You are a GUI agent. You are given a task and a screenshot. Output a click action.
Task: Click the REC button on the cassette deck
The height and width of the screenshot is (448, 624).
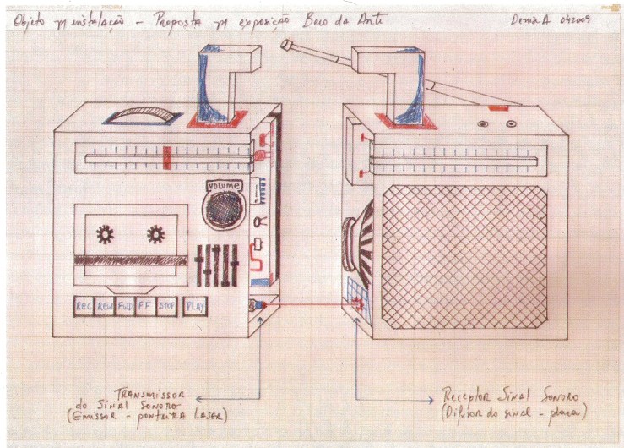(84, 307)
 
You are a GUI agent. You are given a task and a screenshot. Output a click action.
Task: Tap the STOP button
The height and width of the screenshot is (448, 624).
(167, 307)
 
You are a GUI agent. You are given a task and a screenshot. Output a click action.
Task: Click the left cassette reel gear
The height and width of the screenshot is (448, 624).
(106, 234)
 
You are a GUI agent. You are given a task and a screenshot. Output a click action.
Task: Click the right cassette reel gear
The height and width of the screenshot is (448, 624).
(155, 234)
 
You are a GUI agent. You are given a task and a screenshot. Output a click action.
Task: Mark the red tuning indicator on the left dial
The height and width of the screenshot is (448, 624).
(168, 156)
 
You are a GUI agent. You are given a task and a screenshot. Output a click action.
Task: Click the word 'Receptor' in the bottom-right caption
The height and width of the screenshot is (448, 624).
(469, 395)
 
